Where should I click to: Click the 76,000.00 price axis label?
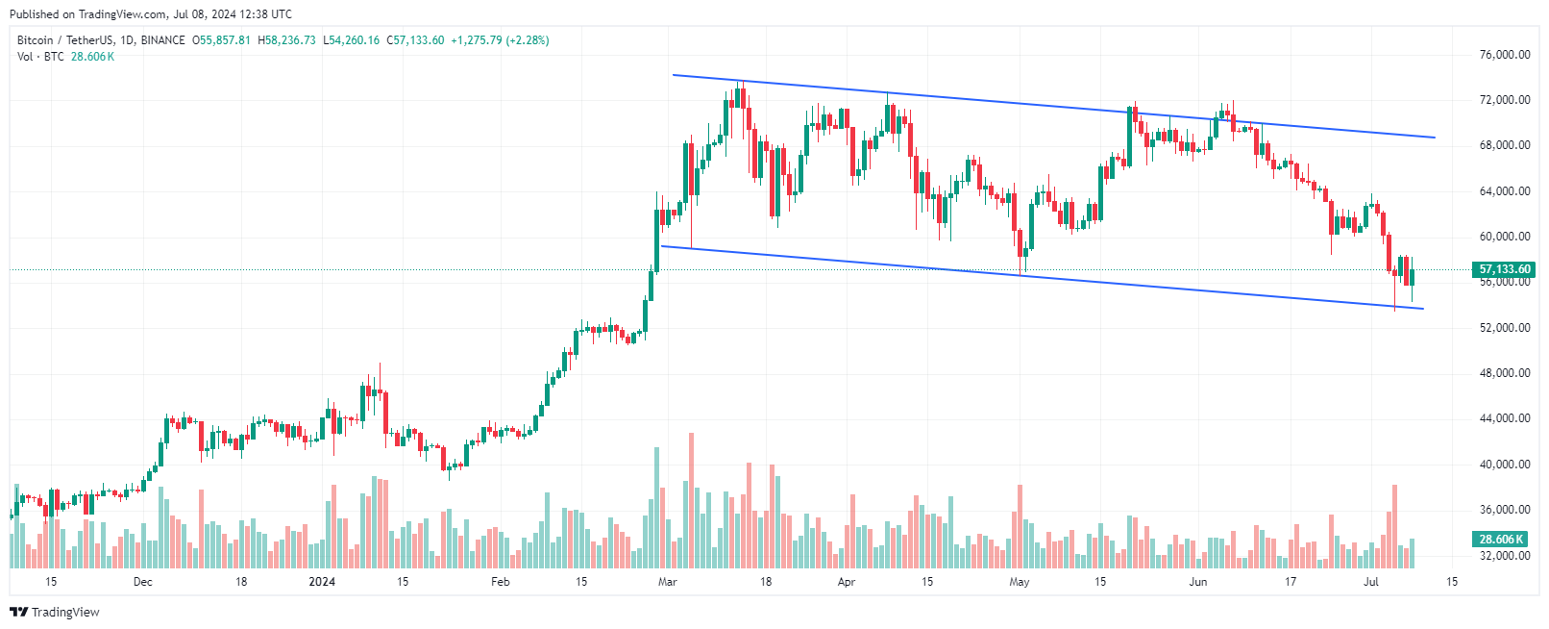point(1504,55)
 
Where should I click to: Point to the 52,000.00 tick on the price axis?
point(1504,328)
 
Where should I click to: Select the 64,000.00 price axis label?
point(1504,191)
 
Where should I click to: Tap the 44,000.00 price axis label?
point(1504,418)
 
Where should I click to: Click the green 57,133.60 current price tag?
point(1505,269)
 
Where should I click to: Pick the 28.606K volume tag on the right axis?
point(1501,540)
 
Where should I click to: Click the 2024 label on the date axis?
point(322,582)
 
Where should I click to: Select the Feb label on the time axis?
point(500,582)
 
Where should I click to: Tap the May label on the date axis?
point(1020,582)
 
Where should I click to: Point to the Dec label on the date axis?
point(142,582)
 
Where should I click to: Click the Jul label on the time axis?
point(1371,582)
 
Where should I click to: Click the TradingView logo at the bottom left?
point(55,613)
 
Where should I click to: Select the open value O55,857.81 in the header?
point(221,40)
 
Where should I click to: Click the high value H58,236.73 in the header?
point(286,40)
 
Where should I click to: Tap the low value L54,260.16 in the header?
point(351,40)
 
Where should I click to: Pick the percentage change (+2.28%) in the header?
point(527,40)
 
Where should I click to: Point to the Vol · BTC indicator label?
point(40,57)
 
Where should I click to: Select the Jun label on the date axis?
point(1197,582)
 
